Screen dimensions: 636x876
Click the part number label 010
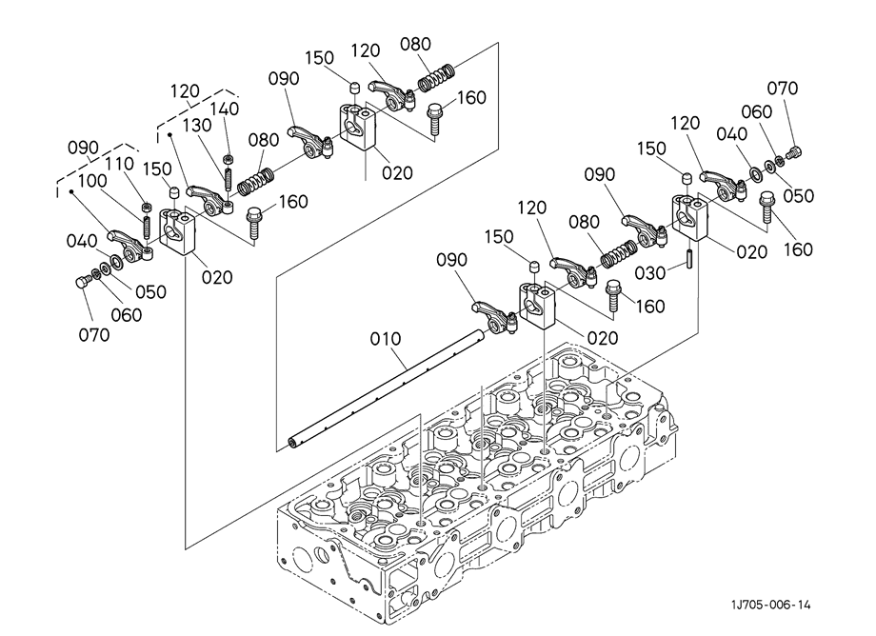pos(386,338)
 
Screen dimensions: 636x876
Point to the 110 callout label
pos(119,165)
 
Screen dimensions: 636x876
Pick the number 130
pos(197,125)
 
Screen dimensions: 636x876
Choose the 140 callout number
pos(225,109)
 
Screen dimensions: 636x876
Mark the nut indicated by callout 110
pos(146,208)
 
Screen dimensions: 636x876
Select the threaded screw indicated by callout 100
pos(148,229)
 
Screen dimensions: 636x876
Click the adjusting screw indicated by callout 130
pos(229,178)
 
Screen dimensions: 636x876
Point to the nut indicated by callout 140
pos(229,158)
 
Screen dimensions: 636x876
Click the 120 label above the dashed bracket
pos(186,91)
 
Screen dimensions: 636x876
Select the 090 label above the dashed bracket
pos(84,149)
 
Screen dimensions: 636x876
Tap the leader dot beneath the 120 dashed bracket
pos(171,137)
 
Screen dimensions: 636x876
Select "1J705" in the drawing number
pos(744,605)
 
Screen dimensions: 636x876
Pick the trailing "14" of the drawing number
pos(804,605)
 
